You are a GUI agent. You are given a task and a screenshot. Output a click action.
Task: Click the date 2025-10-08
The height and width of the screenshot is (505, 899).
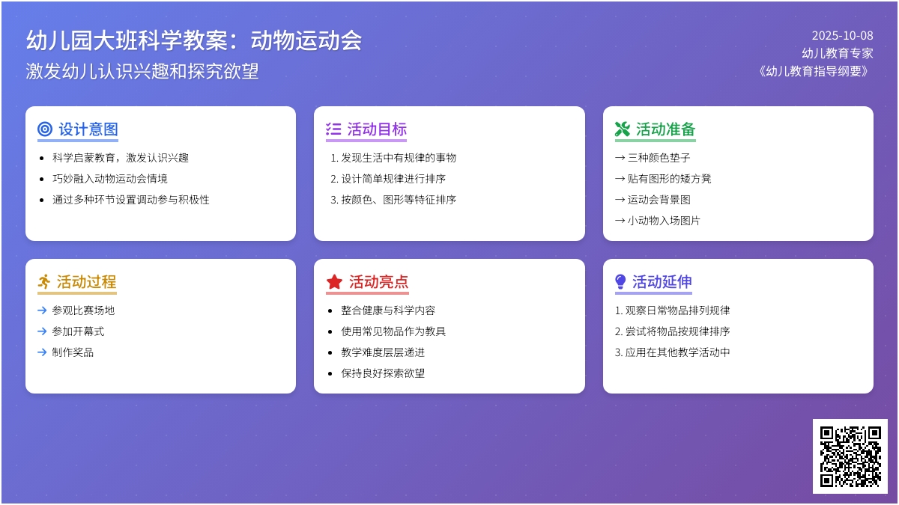(842, 35)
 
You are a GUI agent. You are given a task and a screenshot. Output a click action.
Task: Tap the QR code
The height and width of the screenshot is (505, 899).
(850, 456)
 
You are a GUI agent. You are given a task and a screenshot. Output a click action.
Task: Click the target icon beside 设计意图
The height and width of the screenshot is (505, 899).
(45, 129)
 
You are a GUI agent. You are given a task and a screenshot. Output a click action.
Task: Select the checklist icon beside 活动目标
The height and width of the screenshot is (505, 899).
(333, 129)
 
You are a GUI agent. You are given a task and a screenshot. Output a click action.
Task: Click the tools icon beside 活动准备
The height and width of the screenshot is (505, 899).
(622, 129)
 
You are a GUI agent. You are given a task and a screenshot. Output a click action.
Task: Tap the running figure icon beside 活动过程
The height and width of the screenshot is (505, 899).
(45, 282)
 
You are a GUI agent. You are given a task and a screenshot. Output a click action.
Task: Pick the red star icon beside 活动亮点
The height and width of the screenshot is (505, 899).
(334, 282)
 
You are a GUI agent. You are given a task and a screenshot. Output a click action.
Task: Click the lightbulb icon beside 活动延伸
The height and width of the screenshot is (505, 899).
(620, 282)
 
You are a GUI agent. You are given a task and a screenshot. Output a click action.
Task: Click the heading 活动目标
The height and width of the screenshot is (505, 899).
(377, 129)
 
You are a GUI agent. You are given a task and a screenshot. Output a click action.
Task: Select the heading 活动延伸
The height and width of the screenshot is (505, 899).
(662, 282)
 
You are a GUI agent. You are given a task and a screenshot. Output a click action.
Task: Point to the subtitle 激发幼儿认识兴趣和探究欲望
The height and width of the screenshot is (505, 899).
(142, 71)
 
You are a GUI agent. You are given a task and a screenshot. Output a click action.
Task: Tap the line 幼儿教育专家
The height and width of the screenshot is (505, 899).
(838, 53)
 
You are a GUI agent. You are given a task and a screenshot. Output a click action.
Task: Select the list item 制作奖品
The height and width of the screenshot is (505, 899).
(73, 352)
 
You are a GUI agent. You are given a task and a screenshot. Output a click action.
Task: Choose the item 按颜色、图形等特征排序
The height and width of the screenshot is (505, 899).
(399, 200)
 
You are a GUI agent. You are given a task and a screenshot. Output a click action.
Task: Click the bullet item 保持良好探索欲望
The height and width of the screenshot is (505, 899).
(383, 373)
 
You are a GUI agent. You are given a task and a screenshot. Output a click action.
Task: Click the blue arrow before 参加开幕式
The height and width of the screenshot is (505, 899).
(42, 331)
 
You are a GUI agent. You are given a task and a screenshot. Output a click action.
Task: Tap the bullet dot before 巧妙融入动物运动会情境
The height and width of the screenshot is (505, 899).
(41, 179)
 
